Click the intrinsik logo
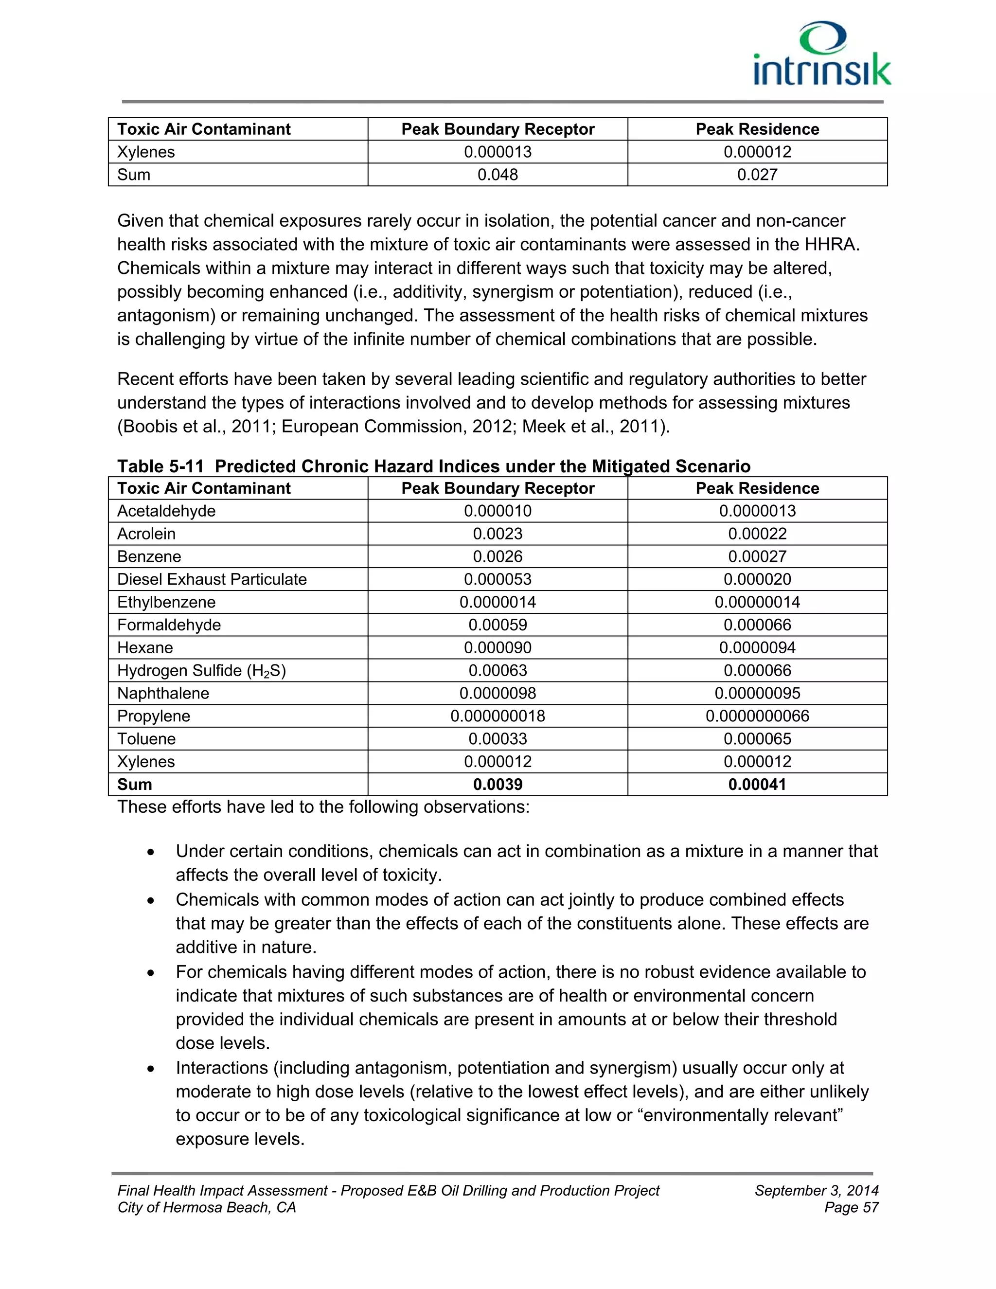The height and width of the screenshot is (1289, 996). (822, 55)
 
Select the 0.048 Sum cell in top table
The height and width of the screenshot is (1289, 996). (498, 175)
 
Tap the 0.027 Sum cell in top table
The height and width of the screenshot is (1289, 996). (757, 175)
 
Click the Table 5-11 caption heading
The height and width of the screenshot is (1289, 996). (434, 466)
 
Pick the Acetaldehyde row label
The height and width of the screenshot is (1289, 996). (166, 511)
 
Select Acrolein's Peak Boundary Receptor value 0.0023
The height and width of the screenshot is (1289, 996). (498, 534)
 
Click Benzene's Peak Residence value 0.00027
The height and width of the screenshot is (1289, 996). (757, 556)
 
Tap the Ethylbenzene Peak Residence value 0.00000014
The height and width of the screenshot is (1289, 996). (757, 602)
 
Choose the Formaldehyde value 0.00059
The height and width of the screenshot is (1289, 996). (498, 625)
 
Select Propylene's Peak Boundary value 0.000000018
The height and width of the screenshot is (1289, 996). (498, 716)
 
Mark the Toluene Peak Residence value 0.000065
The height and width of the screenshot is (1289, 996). (757, 739)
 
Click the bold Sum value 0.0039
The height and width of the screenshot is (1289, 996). (498, 785)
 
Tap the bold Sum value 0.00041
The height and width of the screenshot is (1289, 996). (757, 785)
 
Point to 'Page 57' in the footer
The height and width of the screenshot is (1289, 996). (852, 1208)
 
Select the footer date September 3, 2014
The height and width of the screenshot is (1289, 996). (816, 1190)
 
